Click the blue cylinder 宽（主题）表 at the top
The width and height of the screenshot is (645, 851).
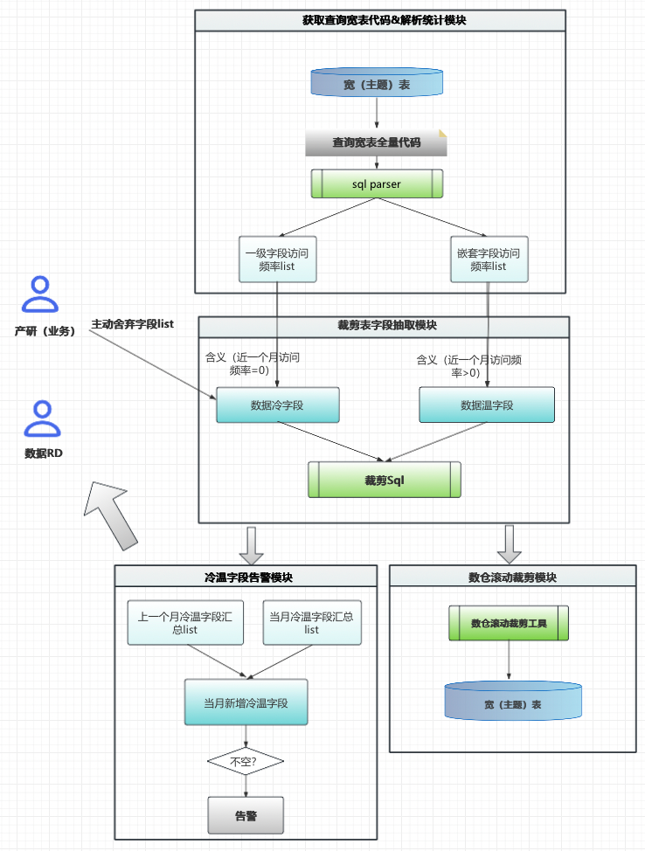pyautogui.click(x=377, y=83)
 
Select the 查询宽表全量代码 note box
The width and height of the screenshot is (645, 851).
pyautogui.click(x=376, y=142)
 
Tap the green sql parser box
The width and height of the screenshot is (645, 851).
pyautogui.click(x=377, y=183)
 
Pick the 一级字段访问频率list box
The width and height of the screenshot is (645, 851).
pyautogui.click(x=277, y=259)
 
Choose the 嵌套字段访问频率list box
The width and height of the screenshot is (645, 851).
pyautogui.click(x=489, y=259)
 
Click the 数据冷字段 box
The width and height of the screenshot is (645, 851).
pyautogui.click(x=277, y=405)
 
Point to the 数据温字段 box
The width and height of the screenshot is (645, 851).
pyautogui.click(x=487, y=405)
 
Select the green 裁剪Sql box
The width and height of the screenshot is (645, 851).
pyautogui.click(x=384, y=480)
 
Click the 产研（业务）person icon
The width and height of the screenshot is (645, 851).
pyautogui.click(x=40, y=294)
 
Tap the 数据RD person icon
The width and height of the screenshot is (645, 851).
pyautogui.click(x=40, y=419)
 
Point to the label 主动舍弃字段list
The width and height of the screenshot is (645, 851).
pyautogui.click(x=132, y=324)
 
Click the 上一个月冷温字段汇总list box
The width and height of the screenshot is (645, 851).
pyautogui.click(x=184, y=622)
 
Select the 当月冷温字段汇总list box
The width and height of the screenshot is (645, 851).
pyautogui.click(x=312, y=622)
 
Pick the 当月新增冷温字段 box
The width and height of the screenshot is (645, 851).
pyautogui.click(x=246, y=702)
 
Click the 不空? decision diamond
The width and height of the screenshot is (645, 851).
pyautogui.click(x=246, y=762)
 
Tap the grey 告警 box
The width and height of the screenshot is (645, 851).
pyautogui.click(x=246, y=815)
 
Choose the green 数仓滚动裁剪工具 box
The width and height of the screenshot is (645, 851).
pyautogui.click(x=509, y=623)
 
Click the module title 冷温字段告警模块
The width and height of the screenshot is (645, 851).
pyautogui.click(x=246, y=577)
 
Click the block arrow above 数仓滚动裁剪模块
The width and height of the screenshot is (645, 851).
pyautogui.click(x=510, y=543)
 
